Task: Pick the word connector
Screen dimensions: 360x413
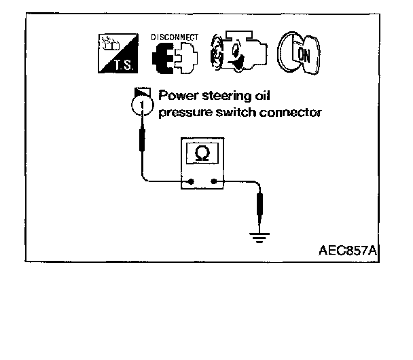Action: point(291,112)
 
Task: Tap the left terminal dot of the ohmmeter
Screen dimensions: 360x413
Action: point(192,182)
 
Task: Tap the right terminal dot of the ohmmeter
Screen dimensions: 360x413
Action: point(215,182)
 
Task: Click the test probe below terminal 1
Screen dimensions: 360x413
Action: point(142,143)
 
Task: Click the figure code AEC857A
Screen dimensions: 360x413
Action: point(346,251)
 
